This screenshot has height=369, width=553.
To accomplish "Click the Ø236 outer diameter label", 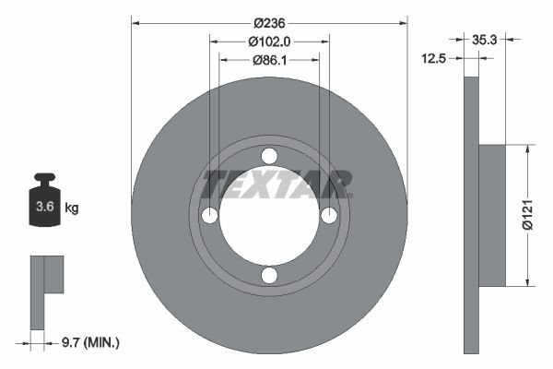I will (x=269, y=22).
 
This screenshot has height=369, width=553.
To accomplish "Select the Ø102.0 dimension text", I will (x=269, y=42).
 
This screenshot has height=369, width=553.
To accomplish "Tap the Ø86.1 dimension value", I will (x=269, y=60).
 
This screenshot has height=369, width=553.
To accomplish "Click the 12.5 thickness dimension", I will (x=433, y=58).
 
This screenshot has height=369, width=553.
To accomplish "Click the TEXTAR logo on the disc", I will (x=276, y=184).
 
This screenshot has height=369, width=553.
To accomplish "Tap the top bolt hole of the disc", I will (x=269, y=156).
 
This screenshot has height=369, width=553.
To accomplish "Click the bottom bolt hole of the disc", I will (x=269, y=275).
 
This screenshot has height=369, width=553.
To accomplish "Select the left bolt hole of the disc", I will (x=210, y=216).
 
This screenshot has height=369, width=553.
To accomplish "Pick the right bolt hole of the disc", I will (x=329, y=216).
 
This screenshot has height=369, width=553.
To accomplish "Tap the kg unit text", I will (x=72, y=208).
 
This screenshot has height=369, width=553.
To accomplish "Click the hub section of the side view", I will (x=493, y=215).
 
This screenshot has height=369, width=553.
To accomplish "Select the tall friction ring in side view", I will (x=471, y=215).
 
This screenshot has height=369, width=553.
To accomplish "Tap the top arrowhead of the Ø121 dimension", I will (x=526, y=148).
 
